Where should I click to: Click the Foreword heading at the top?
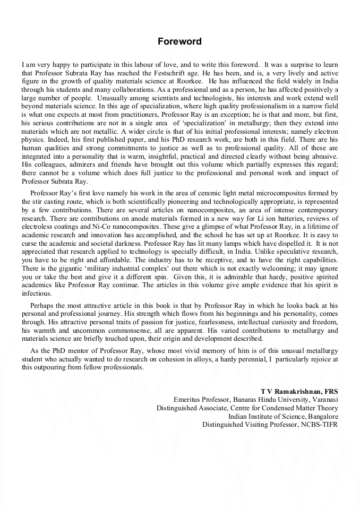coord(179,41)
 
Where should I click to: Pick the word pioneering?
coord(173,202)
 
